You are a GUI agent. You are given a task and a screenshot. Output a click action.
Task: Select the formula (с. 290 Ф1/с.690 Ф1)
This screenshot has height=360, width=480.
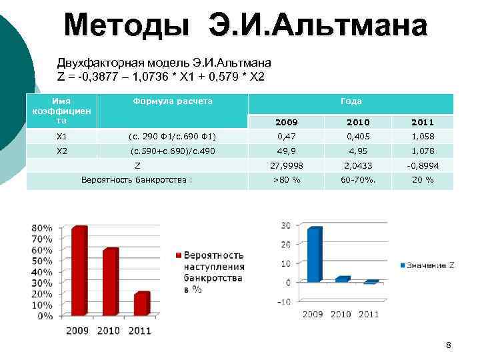(x=173, y=137)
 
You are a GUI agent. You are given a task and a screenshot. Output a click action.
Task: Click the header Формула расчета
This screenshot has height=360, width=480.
(x=173, y=101)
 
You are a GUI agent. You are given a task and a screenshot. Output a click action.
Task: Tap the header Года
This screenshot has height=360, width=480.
(x=351, y=101)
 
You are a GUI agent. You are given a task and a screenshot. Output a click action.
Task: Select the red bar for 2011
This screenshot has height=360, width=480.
(x=141, y=305)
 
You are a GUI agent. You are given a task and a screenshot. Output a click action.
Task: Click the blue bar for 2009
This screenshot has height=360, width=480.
(x=314, y=255)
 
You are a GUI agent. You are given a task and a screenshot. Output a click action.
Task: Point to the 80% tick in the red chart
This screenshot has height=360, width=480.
(x=41, y=228)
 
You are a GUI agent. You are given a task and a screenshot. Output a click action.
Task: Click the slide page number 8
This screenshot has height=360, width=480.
(x=448, y=345)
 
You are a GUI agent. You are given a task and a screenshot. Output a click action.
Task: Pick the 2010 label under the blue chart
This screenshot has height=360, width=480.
(x=341, y=314)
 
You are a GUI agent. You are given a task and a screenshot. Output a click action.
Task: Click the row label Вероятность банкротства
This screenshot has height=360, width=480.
(x=137, y=180)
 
